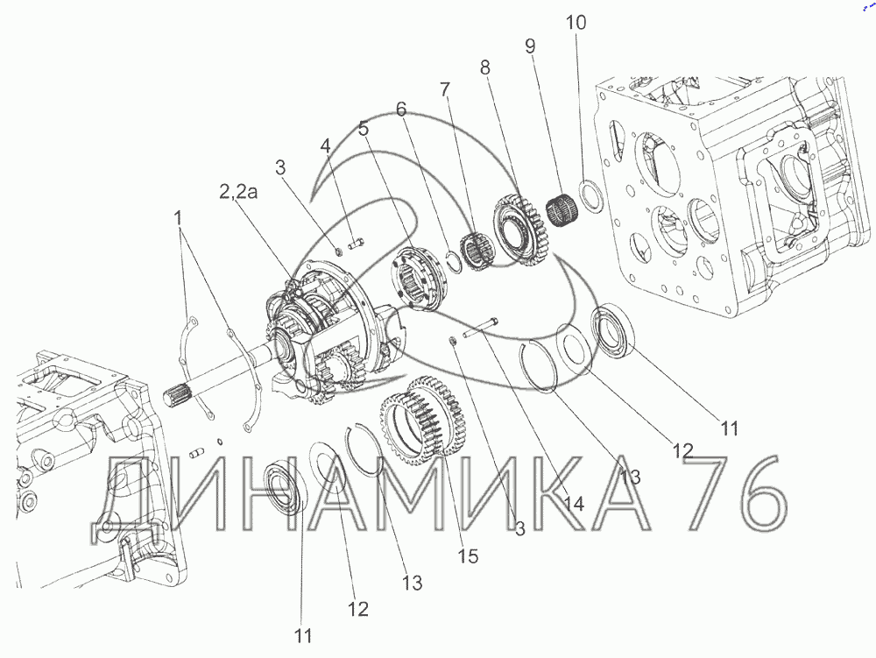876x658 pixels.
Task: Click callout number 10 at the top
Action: (576, 23)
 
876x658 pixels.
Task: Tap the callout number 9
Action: (530, 46)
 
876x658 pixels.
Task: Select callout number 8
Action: (485, 67)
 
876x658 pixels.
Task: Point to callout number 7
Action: (445, 88)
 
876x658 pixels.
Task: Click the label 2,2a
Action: (238, 192)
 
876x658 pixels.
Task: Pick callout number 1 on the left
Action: (178, 218)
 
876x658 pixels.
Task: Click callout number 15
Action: (468, 555)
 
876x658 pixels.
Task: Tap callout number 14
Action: (574, 503)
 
